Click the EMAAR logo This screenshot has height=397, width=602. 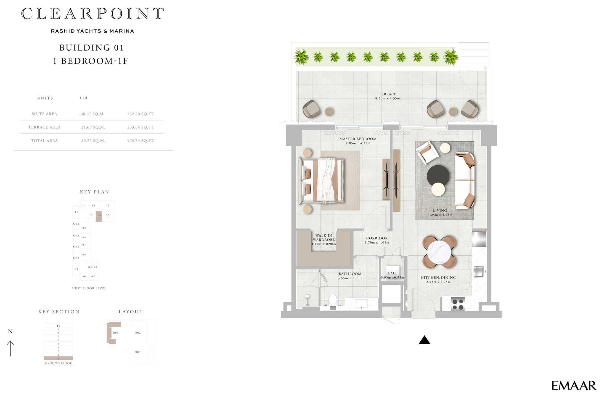[573, 385]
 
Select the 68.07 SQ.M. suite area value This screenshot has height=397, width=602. [92, 114]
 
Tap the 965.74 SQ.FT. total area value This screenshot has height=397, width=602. [141, 141]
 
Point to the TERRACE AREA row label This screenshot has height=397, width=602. [44, 127]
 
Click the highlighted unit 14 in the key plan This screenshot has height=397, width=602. [99, 216]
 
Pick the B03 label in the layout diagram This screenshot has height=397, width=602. [138, 352]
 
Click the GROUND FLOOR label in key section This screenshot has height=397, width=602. [58, 363]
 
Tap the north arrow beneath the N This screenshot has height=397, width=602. [10, 348]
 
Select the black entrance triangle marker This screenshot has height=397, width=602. [424, 340]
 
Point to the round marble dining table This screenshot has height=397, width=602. [439, 252]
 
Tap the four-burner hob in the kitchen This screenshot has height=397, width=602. [458, 304]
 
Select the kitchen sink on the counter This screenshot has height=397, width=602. [479, 272]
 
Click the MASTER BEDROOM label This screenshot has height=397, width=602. [358, 139]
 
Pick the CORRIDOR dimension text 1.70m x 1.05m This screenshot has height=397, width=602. [377, 243]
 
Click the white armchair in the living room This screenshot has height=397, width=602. [426, 152]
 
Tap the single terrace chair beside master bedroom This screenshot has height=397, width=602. [311, 109]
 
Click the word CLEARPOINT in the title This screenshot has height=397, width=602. [92, 14]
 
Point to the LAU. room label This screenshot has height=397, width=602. [392, 273]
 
